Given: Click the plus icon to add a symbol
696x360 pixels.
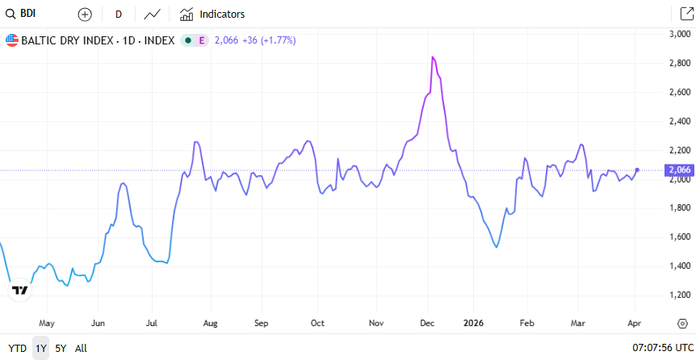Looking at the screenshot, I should [85, 15].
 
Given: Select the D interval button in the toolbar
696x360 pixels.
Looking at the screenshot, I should [119, 15].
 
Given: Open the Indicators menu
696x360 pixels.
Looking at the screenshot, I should [212, 15].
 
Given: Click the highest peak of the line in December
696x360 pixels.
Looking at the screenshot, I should [434, 57].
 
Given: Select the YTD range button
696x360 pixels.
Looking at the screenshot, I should [17, 349].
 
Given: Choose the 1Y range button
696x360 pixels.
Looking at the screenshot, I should [40, 349].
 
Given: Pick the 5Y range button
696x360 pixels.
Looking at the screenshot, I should [61, 349].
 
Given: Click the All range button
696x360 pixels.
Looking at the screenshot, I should [81, 349].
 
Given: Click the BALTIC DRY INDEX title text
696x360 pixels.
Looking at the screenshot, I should [97, 40].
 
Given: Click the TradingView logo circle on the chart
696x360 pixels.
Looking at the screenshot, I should [19, 290].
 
